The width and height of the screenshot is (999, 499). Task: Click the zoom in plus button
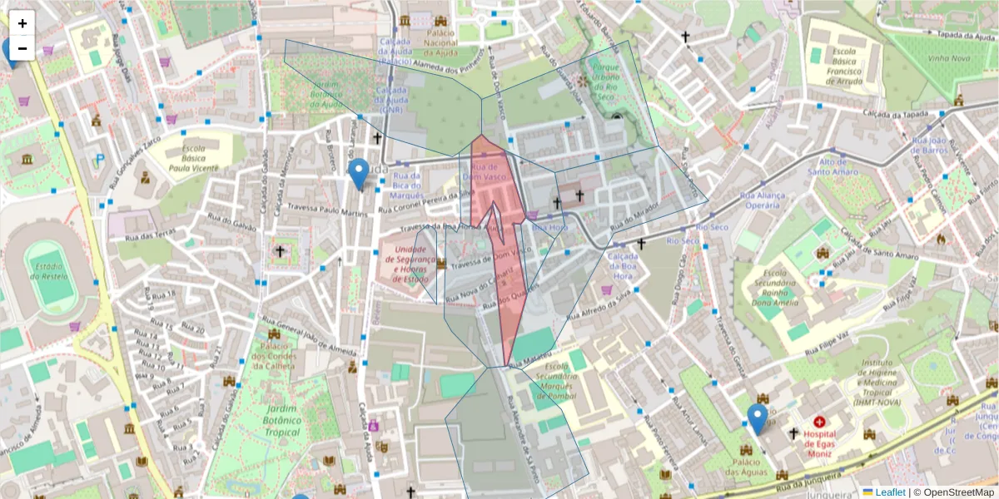coord(22,23)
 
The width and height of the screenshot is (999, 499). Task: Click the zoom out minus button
coord(22,47)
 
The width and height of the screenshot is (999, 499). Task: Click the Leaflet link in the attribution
coord(888,492)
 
